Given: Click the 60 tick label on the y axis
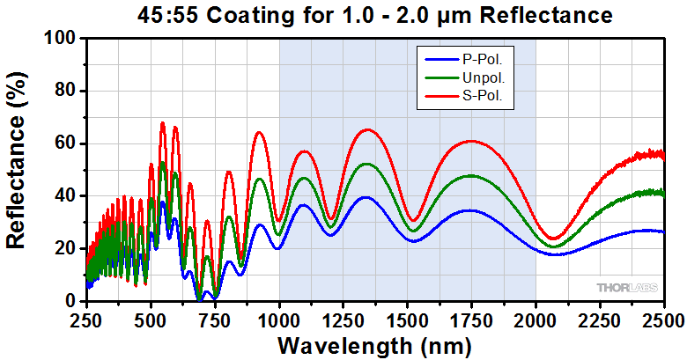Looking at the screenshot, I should [x=63, y=143].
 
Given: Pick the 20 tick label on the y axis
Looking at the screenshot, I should [x=63, y=248].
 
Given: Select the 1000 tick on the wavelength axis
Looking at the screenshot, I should [x=279, y=318].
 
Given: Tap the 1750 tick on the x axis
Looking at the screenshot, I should [x=472, y=318].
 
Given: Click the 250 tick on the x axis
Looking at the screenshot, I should [x=86, y=318].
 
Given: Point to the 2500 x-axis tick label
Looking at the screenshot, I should [x=664, y=318].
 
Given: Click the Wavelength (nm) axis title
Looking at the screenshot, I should [x=375, y=342].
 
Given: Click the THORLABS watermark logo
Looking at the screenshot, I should [x=625, y=288].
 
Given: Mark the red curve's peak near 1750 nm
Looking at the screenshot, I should [x=472, y=141].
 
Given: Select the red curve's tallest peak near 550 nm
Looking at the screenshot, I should [x=163, y=122].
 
